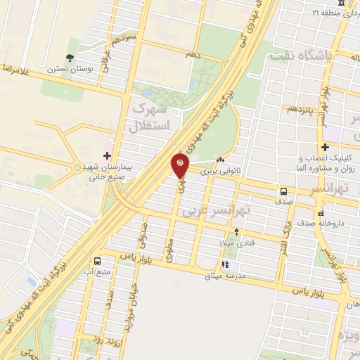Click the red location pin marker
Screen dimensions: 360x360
(180, 166)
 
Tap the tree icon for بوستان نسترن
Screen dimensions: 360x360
(70, 58)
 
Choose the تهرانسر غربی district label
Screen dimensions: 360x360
(216, 210)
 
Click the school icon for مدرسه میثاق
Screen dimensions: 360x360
(225, 265)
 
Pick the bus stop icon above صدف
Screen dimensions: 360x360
(283, 191)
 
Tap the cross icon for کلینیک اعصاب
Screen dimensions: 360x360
(325, 148)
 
